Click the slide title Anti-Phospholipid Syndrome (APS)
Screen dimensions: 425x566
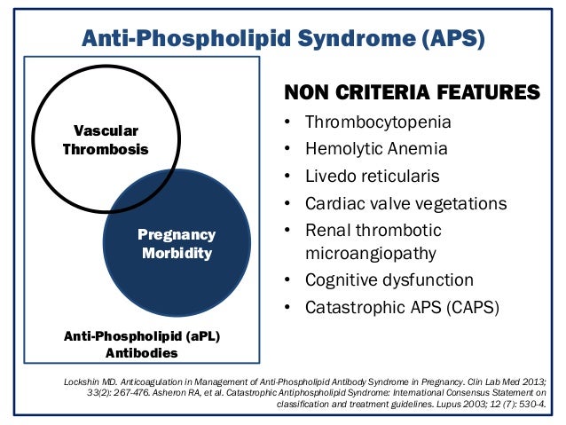point(283,37)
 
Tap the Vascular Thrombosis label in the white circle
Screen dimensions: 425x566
point(106,139)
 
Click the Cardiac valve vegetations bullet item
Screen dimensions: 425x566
point(405,203)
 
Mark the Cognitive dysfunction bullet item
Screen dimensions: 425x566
point(389,280)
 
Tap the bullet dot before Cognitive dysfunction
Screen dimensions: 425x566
point(287,280)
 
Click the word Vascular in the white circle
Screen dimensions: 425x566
point(106,130)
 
